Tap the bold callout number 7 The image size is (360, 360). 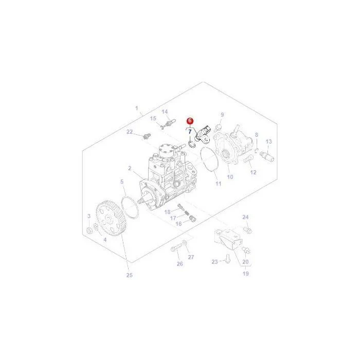click(190, 132)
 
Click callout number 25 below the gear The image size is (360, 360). click(130, 275)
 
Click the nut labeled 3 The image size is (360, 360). click(89, 230)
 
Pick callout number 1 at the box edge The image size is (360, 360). click(137, 108)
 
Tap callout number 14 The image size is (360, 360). click(165, 112)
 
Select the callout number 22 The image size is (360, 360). click(130, 132)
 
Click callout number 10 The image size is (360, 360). click(230, 177)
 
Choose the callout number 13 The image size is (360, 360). click(269, 141)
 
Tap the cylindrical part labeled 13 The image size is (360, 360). click(267, 156)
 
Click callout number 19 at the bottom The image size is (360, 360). click(246, 274)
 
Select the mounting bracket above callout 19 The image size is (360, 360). click(228, 239)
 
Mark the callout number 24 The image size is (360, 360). click(245, 217)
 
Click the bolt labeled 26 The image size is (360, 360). click(176, 248)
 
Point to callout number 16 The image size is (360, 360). click(178, 224)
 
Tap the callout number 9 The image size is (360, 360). click(222, 115)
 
